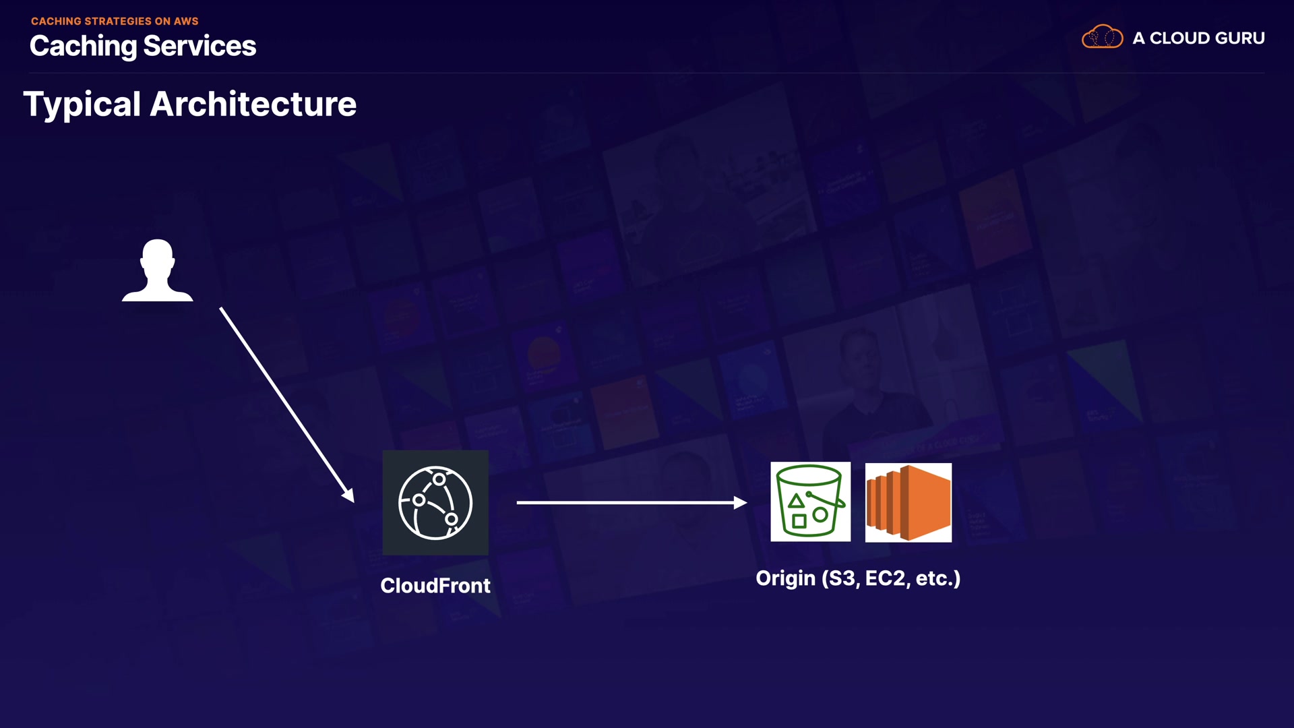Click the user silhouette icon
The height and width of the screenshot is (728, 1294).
pos(157,270)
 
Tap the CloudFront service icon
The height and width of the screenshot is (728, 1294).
pos(435,503)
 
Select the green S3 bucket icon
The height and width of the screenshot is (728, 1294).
pos(810,502)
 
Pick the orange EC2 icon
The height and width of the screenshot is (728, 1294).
pos(908,502)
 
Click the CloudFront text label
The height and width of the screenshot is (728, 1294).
pos(435,585)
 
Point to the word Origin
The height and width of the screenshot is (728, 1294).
pos(785,578)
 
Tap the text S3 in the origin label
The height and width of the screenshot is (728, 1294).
pos(841,578)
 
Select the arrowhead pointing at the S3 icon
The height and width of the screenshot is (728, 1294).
pos(740,502)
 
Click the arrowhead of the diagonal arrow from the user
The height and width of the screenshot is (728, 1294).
pos(348,495)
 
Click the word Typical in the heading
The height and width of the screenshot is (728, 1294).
pos(82,104)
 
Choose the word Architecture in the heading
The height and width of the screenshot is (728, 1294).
pos(253,104)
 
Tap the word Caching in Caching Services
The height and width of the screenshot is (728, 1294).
pos(84,47)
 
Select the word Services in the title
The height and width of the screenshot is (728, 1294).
pos(199,47)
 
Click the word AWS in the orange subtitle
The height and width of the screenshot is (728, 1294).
pos(186,22)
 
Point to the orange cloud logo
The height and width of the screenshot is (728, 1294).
pos(1102,37)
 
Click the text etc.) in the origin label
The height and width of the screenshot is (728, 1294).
pos(937,578)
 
